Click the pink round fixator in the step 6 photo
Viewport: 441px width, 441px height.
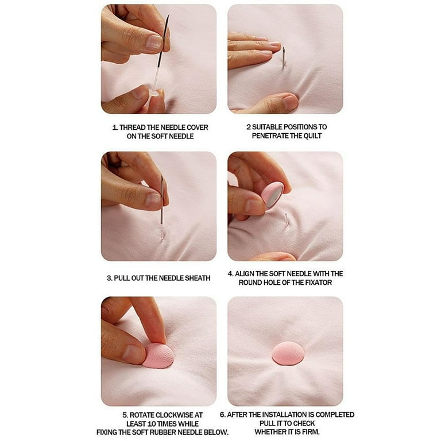(x=288, y=353)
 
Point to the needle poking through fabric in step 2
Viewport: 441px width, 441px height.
(x=283, y=57)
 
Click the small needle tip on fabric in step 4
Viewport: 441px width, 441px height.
(x=286, y=219)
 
